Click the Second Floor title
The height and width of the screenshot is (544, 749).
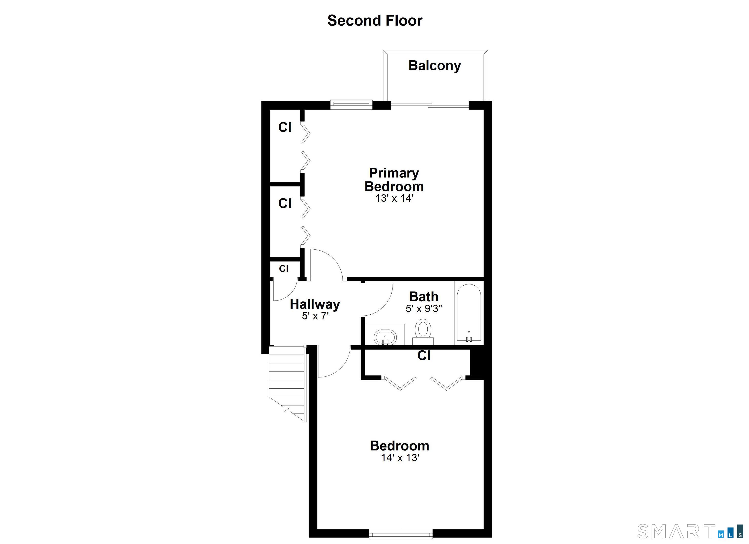tap(374, 20)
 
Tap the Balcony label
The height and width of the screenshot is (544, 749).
tap(435, 66)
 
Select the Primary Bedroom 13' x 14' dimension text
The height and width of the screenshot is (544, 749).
tap(394, 198)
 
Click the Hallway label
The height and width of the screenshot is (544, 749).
tap(315, 304)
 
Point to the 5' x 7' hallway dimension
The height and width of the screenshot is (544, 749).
tap(315, 316)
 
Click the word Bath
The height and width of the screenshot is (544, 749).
tap(424, 297)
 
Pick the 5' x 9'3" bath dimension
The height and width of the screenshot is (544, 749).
tap(424, 309)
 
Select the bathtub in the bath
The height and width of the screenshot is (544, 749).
tap(469, 312)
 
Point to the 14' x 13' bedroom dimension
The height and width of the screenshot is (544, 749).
tap(400, 458)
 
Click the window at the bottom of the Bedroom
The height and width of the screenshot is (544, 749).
tap(401, 534)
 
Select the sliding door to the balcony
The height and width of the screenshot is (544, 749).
tap(430, 105)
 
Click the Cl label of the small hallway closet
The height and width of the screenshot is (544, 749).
tap(284, 269)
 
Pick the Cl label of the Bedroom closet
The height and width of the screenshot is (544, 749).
tap(424, 356)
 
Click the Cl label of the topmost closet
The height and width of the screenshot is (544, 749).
tap(285, 127)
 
